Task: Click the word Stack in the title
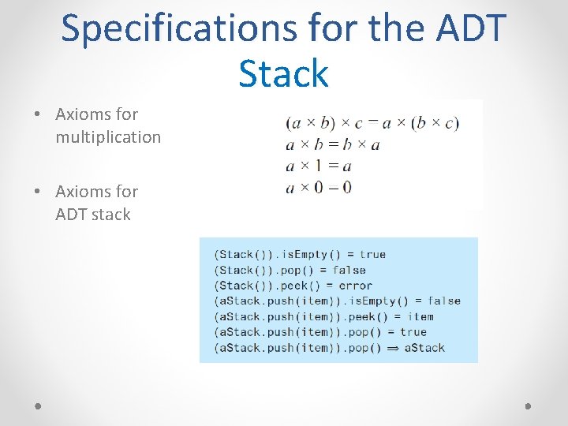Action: (x=283, y=73)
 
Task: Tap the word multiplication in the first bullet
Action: (x=108, y=137)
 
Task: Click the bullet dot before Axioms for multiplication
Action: (x=38, y=114)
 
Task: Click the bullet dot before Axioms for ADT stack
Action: (x=38, y=192)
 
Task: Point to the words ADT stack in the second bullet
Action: (x=93, y=215)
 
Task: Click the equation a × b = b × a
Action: (x=332, y=144)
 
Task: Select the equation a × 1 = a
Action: (x=318, y=166)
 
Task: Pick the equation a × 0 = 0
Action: (x=318, y=187)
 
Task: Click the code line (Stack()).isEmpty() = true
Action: (x=300, y=255)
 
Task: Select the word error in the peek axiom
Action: (x=355, y=286)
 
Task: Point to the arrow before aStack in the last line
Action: (x=391, y=348)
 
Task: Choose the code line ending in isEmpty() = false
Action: (x=337, y=301)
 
